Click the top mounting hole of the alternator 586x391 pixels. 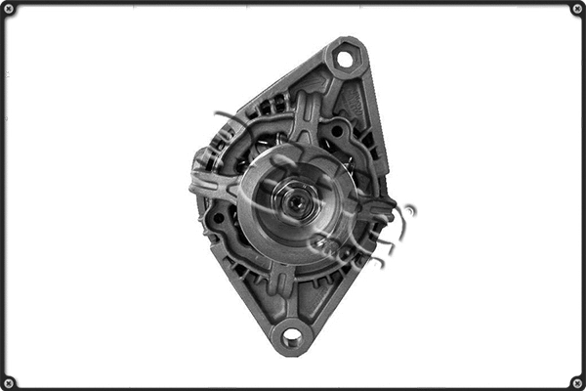pos(344,59)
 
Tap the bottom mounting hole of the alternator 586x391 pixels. pos(291,337)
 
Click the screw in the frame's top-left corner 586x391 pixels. pos(9,9)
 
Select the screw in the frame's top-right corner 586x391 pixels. pos(577,9)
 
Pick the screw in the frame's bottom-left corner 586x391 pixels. pos(9,382)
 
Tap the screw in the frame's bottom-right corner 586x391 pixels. pos(577,382)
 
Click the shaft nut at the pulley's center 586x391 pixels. pos(293,203)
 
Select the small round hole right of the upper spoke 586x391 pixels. pos(337,131)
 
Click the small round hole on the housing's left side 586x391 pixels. pos(217,217)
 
